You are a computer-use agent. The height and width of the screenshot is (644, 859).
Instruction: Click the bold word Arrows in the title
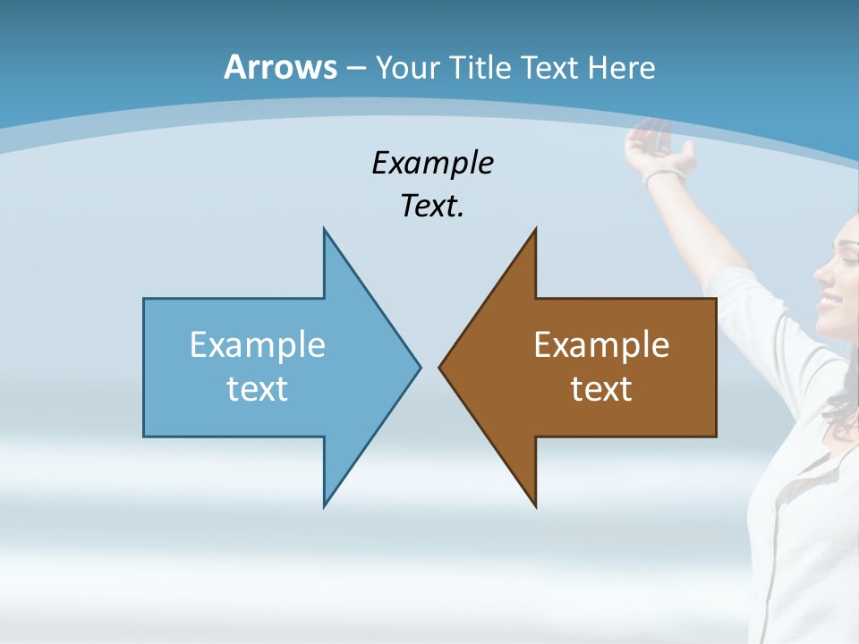click(279, 67)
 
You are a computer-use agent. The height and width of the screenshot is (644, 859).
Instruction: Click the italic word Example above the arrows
click(432, 164)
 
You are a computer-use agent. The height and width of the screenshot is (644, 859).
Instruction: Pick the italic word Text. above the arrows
click(432, 207)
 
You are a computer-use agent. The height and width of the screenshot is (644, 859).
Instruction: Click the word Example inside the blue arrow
click(258, 344)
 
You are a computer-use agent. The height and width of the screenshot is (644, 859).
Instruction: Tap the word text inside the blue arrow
click(258, 388)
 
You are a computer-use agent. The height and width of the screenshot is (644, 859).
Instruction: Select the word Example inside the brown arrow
click(601, 344)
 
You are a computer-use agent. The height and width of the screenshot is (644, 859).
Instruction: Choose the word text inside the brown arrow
click(601, 388)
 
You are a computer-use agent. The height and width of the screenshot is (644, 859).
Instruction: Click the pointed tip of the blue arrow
click(419, 366)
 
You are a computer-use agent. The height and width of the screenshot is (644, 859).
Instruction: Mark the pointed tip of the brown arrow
click(440, 366)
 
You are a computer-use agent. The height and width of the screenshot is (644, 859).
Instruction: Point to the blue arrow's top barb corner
click(325, 231)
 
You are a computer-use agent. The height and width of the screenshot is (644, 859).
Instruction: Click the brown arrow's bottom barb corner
click(535, 505)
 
